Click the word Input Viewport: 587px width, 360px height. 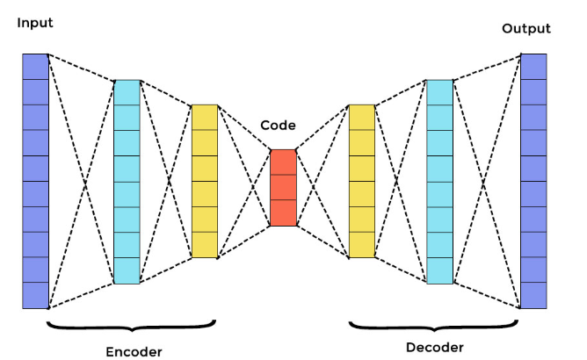35,23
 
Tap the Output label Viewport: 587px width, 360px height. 525,29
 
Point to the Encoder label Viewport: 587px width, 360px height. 134,351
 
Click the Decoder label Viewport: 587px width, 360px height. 434,347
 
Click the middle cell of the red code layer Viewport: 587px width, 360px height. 283,187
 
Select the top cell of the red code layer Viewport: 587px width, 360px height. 283,162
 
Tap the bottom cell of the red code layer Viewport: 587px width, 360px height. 283,212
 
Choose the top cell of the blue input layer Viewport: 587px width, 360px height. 35,66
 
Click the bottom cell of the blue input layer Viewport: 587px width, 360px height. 35,295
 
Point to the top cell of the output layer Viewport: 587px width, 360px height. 533,66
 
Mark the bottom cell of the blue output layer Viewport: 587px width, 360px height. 533,295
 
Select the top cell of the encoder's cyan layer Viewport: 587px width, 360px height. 127,92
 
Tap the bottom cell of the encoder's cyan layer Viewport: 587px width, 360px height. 127,270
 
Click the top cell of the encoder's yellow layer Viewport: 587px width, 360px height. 204,117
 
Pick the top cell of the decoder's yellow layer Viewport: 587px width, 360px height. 361,117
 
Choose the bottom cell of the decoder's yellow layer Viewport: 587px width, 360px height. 361,245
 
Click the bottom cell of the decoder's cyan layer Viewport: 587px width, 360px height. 439,270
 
